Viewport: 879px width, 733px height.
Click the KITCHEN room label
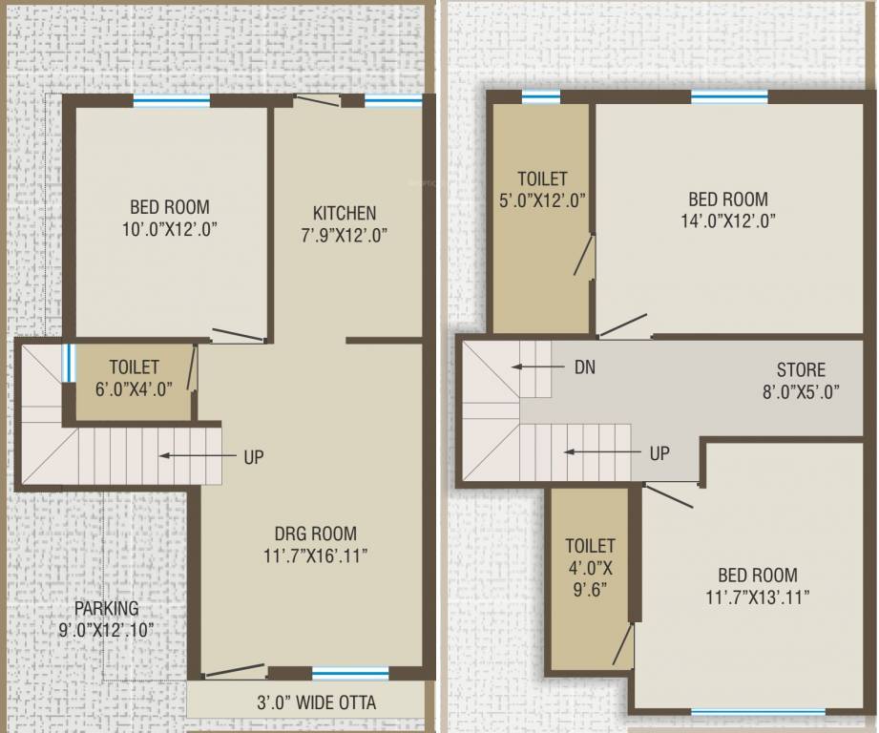point(345,213)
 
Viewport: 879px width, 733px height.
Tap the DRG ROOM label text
point(316,533)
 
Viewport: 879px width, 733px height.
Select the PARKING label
point(107,608)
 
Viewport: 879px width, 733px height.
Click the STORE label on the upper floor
point(801,370)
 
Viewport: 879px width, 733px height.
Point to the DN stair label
point(585,367)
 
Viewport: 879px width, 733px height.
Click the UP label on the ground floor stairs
point(253,457)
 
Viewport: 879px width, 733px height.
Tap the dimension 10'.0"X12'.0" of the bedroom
point(170,229)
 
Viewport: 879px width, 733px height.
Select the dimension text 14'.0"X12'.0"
point(728,220)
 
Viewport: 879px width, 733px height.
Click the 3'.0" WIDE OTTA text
point(316,702)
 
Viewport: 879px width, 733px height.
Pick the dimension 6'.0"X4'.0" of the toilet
point(134,388)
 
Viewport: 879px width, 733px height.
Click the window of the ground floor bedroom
point(172,101)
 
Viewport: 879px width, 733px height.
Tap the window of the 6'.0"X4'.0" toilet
point(68,363)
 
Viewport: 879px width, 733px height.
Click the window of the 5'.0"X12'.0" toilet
point(541,97)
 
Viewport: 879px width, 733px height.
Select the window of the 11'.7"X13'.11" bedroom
point(758,712)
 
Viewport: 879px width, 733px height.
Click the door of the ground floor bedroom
point(238,335)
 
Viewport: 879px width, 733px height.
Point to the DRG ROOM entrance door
point(233,671)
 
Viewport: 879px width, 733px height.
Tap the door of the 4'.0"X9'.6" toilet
point(623,644)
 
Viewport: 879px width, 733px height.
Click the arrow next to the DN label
point(538,367)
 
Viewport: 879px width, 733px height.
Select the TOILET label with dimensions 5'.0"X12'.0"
point(542,178)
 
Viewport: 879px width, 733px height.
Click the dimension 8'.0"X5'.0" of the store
point(801,391)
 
